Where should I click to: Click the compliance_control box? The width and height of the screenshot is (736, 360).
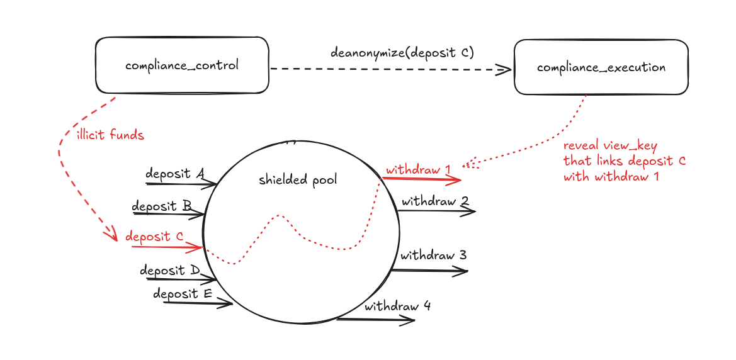(x=182, y=65)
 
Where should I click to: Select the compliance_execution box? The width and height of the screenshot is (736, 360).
(x=601, y=67)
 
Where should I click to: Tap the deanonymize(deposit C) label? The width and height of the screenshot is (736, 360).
(x=402, y=52)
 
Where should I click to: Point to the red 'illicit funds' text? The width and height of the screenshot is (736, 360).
(x=110, y=135)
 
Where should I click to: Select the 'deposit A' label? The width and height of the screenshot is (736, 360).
(x=174, y=174)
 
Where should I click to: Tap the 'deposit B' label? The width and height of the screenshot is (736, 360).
(x=162, y=206)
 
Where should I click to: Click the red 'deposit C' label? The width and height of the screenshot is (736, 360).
(x=154, y=237)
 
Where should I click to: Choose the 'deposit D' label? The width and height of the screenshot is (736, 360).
(x=169, y=271)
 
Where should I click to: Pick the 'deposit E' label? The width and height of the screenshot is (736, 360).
(x=183, y=294)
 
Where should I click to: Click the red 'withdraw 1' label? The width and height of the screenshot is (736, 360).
(x=418, y=170)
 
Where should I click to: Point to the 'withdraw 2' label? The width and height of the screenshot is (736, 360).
(x=435, y=202)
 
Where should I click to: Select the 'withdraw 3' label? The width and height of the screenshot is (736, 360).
(x=433, y=256)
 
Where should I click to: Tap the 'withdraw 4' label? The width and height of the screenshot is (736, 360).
(x=397, y=307)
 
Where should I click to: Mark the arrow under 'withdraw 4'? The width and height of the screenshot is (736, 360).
(x=376, y=320)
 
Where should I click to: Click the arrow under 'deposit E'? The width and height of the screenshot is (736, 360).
(x=198, y=303)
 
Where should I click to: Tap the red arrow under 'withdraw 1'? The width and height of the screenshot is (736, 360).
(x=422, y=179)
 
